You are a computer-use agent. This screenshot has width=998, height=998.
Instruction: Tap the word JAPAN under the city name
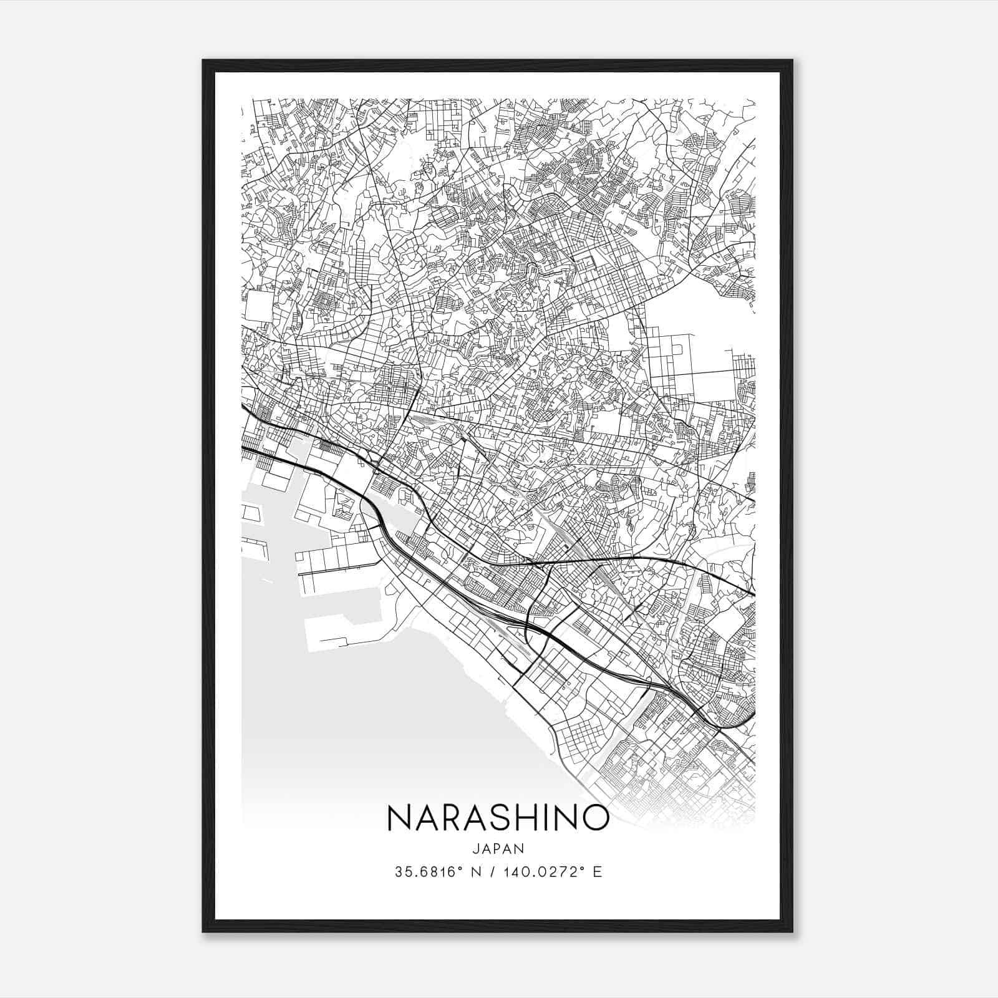click(498, 848)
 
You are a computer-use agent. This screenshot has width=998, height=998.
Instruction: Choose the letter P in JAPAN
click(498, 848)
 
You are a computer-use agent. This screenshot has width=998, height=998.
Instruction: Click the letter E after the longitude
click(598, 872)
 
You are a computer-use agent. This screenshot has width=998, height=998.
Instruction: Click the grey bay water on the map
click(374, 717)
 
